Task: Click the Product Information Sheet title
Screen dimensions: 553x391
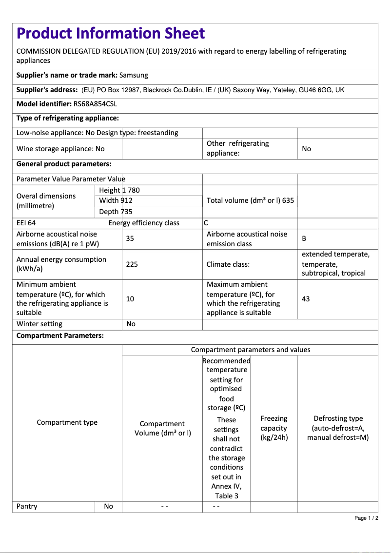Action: (111, 33)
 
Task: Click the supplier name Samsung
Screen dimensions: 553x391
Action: (134, 75)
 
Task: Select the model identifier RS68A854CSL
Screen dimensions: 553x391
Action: (95, 104)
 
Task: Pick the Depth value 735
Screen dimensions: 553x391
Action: (126, 212)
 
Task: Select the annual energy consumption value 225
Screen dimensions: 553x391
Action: (132, 264)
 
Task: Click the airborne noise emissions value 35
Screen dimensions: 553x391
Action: (130, 238)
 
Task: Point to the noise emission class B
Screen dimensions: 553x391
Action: (304, 238)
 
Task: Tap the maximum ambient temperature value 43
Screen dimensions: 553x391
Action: (306, 298)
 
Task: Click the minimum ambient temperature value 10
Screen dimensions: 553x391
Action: (130, 298)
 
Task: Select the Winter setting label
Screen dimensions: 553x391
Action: (39, 324)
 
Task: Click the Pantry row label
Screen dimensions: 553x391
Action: (27, 506)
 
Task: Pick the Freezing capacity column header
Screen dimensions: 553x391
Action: (274, 428)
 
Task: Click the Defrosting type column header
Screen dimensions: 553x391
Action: (338, 428)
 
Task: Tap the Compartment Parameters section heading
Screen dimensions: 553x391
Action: (60, 336)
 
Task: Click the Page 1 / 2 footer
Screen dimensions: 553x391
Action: (366, 518)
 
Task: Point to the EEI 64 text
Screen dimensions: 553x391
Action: (26, 223)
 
